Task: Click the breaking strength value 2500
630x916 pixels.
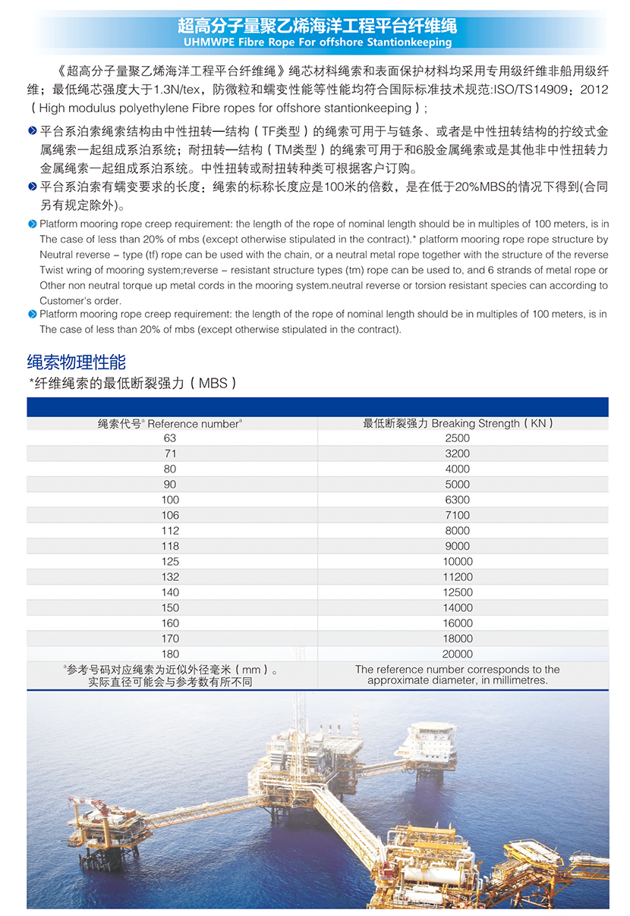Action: [x=458, y=438]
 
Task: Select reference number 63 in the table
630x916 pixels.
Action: [x=170, y=438]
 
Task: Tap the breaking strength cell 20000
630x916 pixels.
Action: [x=458, y=654]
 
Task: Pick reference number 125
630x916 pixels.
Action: [x=170, y=561]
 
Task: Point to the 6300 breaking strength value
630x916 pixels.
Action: [x=458, y=500]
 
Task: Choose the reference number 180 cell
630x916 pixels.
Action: [x=170, y=654]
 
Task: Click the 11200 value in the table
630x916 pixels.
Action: [x=458, y=577]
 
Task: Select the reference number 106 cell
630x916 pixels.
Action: [x=170, y=516]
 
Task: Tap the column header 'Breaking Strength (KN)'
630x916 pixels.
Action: [x=458, y=423]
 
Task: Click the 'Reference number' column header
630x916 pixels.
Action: [x=170, y=424]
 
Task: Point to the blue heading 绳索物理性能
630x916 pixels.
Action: [x=77, y=362]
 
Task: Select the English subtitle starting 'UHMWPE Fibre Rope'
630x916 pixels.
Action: [x=317, y=42]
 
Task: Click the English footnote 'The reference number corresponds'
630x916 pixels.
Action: [x=458, y=670]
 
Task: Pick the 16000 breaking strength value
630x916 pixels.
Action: [x=458, y=623]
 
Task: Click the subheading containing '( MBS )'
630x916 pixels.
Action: [x=134, y=384]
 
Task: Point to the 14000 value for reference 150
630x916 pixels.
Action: [x=458, y=607]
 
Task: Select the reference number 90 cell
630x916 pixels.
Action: [x=170, y=485]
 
